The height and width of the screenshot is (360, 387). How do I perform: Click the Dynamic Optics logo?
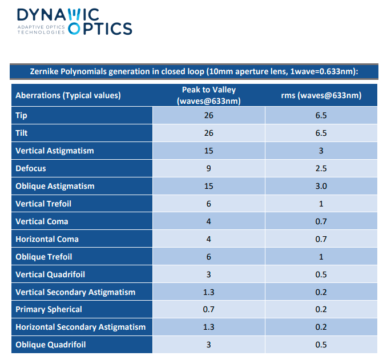pyautogui.click(x=75, y=22)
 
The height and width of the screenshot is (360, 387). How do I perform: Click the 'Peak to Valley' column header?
pyautogui.click(x=209, y=90)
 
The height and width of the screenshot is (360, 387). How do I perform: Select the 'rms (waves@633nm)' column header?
pyautogui.click(x=321, y=95)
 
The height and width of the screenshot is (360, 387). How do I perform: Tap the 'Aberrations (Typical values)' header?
pyautogui.click(x=68, y=95)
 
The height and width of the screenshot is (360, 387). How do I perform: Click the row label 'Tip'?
pyautogui.click(x=21, y=115)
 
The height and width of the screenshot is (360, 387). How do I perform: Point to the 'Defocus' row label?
pyautogui.click(x=31, y=168)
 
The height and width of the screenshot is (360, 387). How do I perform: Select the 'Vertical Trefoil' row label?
pyautogui.click(x=43, y=204)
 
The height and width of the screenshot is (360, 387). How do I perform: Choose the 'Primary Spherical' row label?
pyautogui.click(x=49, y=309)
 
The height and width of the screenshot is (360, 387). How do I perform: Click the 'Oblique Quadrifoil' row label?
pyautogui.click(x=51, y=345)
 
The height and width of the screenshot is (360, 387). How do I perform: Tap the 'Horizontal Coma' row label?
pyautogui.click(x=47, y=239)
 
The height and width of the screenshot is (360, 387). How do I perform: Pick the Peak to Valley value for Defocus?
pyautogui.click(x=208, y=168)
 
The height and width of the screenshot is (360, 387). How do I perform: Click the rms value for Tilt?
pyautogui.click(x=321, y=133)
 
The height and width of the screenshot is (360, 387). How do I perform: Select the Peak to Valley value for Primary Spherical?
pyautogui.click(x=208, y=309)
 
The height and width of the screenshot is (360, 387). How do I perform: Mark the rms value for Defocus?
pyautogui.click(x=321, y=168)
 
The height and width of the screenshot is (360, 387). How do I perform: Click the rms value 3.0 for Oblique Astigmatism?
pyautogui.click(x=321, y=186)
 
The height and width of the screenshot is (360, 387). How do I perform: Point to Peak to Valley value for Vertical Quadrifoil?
pyautogui.click(x=208, y=274)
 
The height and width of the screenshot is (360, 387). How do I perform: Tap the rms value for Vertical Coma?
pyautogui.click(x=321, y=221)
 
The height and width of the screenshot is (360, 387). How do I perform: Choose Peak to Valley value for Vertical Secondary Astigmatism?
pyautogui.click(x=208, y=292)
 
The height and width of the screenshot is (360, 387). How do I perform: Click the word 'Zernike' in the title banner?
pyautogui.click(x=44, y=71)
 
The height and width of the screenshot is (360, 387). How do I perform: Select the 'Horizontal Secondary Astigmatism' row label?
pyautogui.click(x=80, y=327)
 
